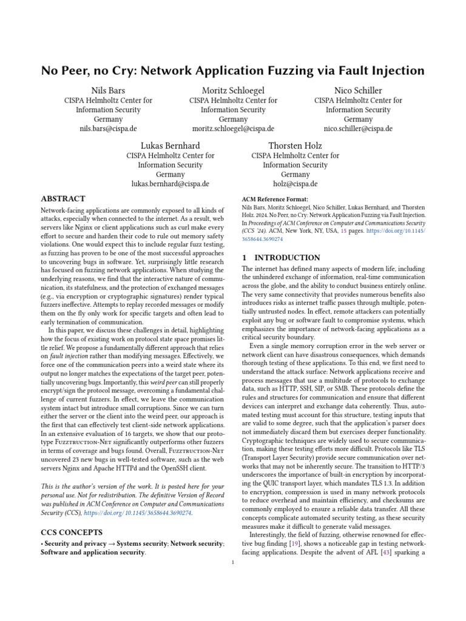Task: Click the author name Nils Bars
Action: coord(108,90)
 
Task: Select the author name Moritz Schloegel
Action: coord(233,90)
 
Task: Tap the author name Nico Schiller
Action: coord(358,90)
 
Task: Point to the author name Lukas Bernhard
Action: coord(171,146)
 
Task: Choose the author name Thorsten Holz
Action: coord(295,146)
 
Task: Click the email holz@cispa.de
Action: coord(295,184)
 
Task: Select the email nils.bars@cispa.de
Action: coord(108,129)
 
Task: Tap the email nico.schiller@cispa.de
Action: coord(358,129)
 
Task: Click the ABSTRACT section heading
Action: coord(62,198)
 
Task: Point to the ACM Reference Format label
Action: coord(275,199)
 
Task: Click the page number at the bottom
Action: coord(233,563)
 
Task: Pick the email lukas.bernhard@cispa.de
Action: coord(171,184)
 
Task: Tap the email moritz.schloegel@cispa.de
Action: coord(233,129)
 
